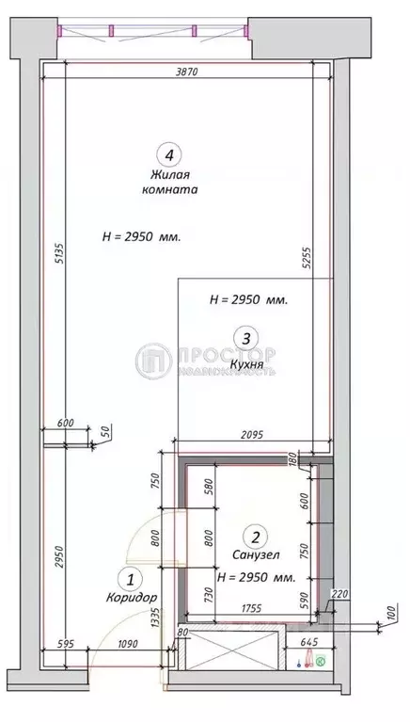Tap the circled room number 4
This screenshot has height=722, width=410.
[168, 154]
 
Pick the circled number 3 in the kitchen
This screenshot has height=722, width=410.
[245, 337]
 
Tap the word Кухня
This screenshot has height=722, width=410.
[245, 360]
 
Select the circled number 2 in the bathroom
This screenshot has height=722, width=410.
[253, 537]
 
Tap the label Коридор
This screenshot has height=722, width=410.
[131, 599]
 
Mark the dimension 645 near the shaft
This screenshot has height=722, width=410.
[307, 644]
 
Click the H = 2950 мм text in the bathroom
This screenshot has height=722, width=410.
[256, 577]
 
